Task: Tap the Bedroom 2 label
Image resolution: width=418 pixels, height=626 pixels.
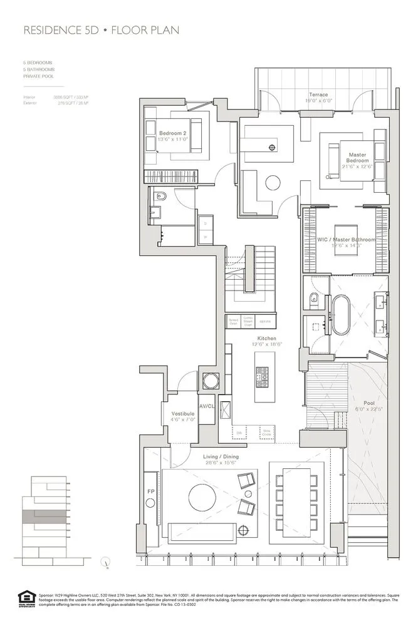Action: (172, 133)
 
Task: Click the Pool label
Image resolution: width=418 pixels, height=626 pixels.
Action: (369, 403)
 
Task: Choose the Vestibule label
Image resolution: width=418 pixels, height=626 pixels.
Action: (182, 414)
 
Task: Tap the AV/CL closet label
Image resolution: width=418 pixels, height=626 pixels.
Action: (207, 406)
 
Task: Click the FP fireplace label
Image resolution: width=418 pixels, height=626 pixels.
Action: (150, 491)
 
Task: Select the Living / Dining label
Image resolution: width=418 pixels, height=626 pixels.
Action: (220, 456)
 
